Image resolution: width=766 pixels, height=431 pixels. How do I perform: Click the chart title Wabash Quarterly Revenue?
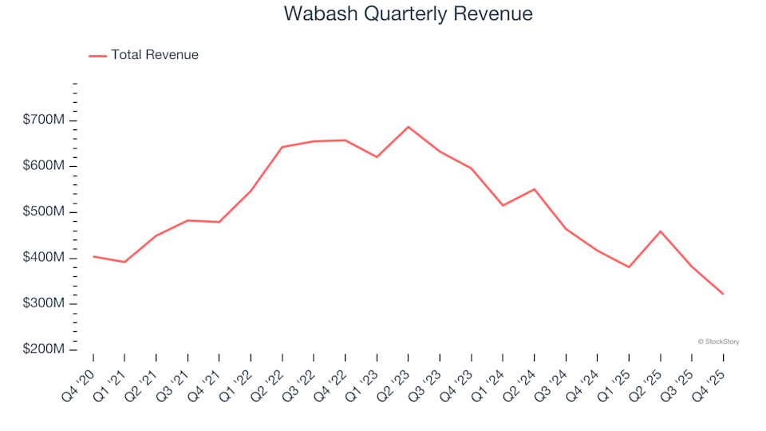[408, 14]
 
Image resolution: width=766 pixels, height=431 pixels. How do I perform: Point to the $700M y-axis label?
[44, 120]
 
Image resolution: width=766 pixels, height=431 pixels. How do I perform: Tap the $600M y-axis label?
[44, 166]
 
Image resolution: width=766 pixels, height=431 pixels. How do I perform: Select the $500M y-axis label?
[44, 212]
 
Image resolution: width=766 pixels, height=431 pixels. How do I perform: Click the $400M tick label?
[44, 258]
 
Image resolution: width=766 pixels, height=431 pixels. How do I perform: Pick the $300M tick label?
[44, 304]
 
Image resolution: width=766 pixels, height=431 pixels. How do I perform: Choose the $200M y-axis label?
[44, 350]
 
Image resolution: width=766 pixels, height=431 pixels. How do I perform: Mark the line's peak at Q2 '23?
[409, 127]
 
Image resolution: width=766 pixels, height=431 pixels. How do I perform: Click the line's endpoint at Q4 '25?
[723, 294]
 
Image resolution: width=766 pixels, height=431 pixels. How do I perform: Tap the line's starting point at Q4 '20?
[93, 256]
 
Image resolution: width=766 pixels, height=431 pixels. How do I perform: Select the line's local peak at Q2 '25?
[661, 231]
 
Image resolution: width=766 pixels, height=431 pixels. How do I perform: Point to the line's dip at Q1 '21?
[124, 262]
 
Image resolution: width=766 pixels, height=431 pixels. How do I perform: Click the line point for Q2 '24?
[535, 189]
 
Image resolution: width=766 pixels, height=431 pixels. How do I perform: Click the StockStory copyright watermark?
[718, 342]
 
